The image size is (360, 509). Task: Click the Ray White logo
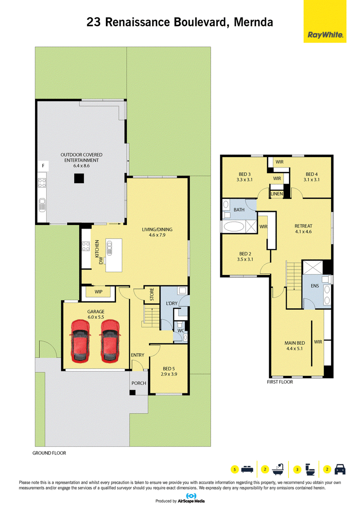[x=325, y=22]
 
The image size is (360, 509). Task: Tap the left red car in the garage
[x=80, y=341]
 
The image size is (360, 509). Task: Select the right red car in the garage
[x=110, y=341]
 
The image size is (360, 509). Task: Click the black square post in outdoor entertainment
[x=79, y=179]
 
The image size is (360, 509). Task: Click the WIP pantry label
[x=99, y=292]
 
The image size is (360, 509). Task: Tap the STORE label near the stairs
[x=152, y=294]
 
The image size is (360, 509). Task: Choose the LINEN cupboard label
[x=277, y=194]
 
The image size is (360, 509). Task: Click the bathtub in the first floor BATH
[x=234, y=226]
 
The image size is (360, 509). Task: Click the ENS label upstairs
[x=315, y=286]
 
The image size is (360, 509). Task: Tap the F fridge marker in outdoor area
[x=43, y=166]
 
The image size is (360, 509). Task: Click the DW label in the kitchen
[x=101, y=260]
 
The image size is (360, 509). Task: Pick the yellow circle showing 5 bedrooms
[x=234, y=469]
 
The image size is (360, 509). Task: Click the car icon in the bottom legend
[x=340, y=469]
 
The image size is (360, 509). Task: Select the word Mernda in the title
[x=253, y=22]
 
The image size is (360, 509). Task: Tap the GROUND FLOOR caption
[x=49, y=453]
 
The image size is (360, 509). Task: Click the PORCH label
[x=139, y=383]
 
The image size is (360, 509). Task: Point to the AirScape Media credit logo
[x=180, y=499]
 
